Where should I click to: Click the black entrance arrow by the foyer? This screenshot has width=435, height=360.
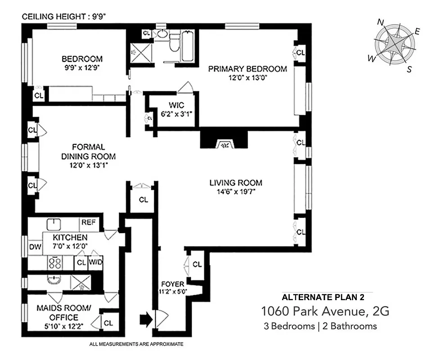146,320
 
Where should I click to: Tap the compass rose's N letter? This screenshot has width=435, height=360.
381,22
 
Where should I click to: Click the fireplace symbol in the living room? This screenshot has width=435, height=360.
224,144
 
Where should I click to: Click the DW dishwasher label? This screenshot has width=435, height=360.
35,247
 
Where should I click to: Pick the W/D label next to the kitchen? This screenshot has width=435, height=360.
95,262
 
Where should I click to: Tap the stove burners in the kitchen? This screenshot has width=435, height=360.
55,262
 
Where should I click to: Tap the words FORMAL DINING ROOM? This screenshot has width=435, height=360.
94,152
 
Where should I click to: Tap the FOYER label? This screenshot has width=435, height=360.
173,284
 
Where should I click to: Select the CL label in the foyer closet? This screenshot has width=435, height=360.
197,264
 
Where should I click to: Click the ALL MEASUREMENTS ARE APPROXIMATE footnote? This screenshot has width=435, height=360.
137,344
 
